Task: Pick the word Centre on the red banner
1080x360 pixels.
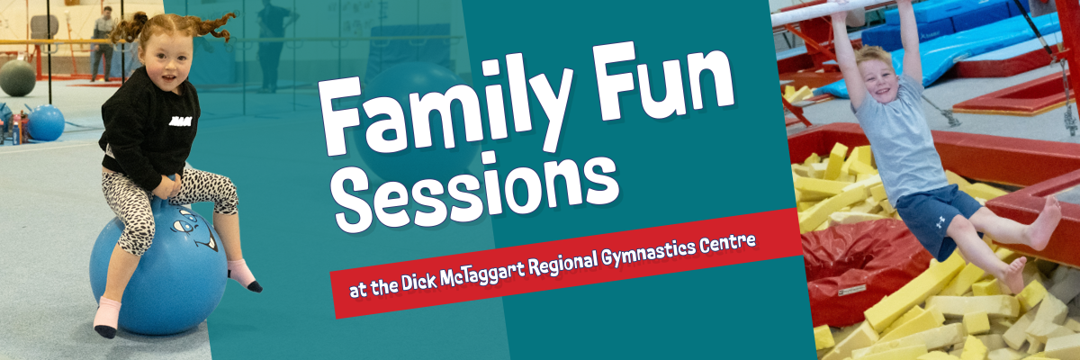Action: [727, 243]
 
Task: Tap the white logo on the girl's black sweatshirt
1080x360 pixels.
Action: [180, 121]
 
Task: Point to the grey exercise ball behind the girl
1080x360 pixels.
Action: [17, 77]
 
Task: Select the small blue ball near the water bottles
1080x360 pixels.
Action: [46, 123]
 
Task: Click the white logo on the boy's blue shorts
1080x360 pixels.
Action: [940, 221]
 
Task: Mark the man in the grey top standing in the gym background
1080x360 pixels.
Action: [103, 43]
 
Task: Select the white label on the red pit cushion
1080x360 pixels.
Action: [851, 290]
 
